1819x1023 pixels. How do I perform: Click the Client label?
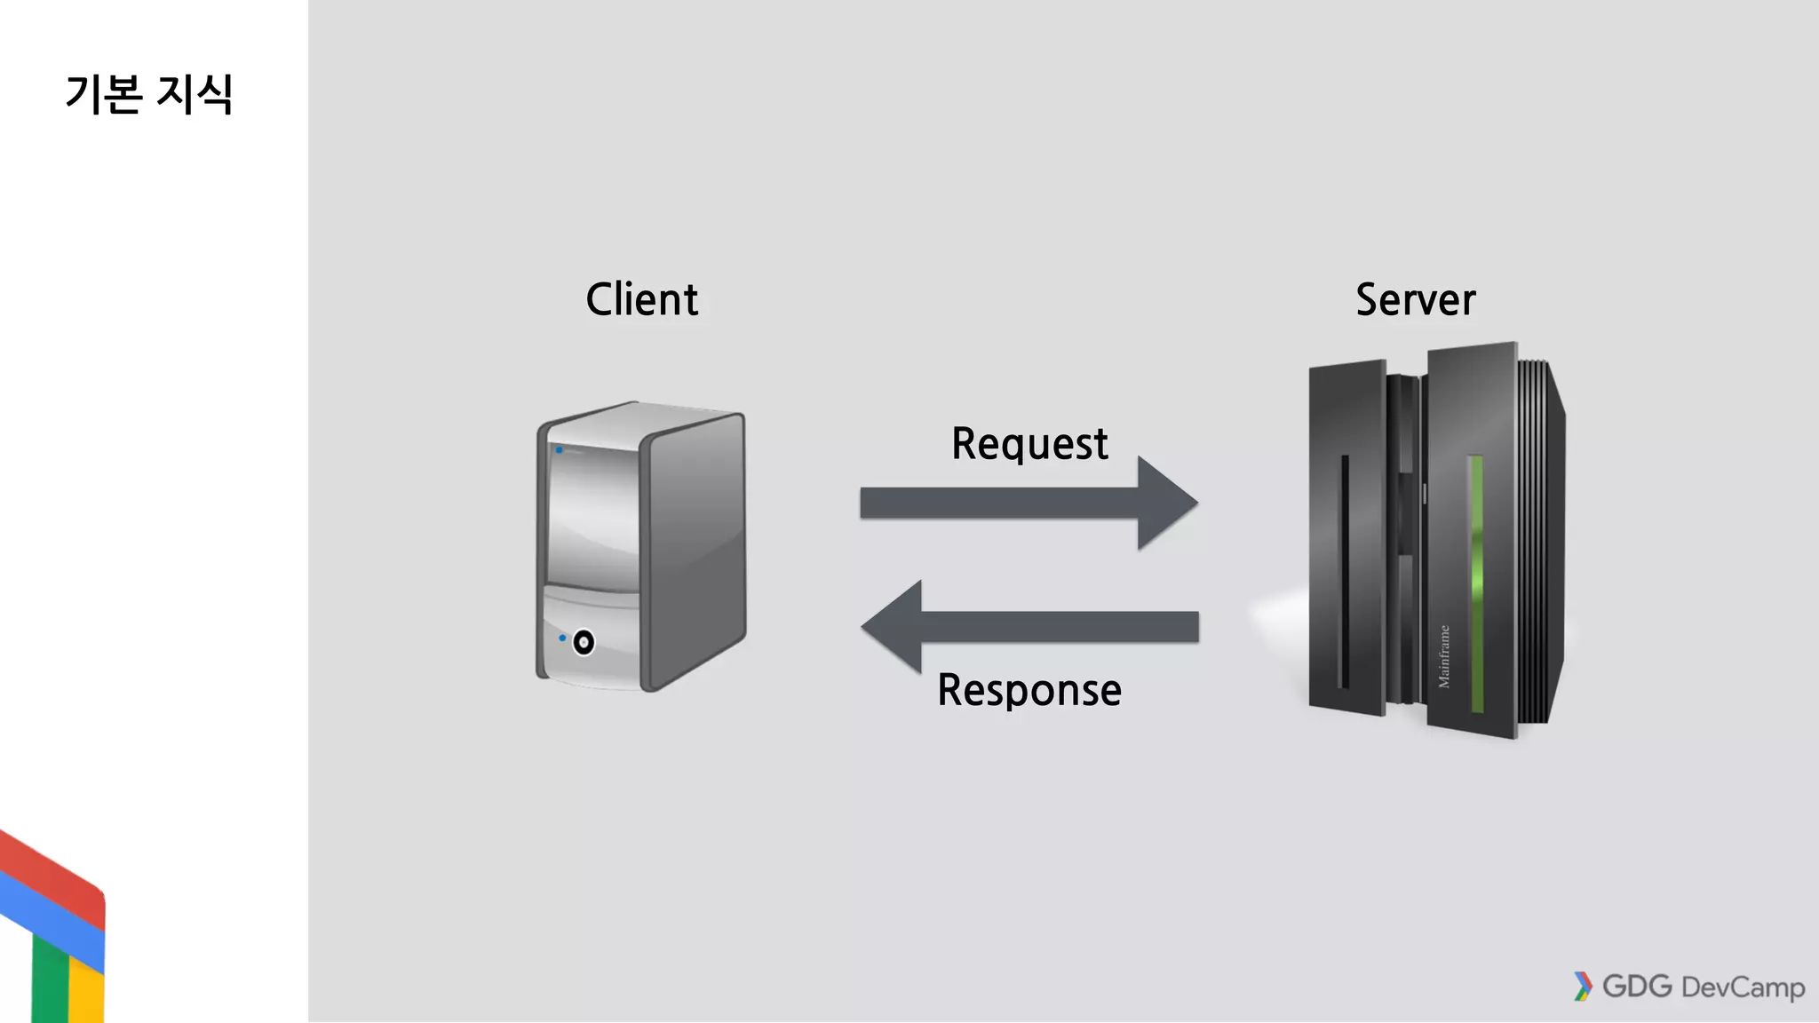coord(641,299)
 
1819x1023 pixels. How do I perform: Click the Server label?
coord(1415,299)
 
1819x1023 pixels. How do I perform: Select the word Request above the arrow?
coord(1029,443)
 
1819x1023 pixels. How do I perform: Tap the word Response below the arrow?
coord(1029,690)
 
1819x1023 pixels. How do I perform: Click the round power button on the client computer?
coord(584,642)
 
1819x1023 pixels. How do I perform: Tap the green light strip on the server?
coord(1476,582)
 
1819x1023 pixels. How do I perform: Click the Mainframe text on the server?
coord(1444,656)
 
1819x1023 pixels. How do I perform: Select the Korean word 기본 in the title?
coord(104,93)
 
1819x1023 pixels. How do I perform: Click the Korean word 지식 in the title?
coord(194,93)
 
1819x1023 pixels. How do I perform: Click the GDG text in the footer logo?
coord(1637,987)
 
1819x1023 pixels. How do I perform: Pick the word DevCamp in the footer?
coord(1743,987)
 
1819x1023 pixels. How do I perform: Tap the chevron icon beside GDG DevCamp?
coord(1583,987)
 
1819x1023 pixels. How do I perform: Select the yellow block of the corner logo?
coord(86,995)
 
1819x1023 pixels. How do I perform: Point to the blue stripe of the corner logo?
coord(53,915)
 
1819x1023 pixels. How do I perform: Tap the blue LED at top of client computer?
coord(560,450)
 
